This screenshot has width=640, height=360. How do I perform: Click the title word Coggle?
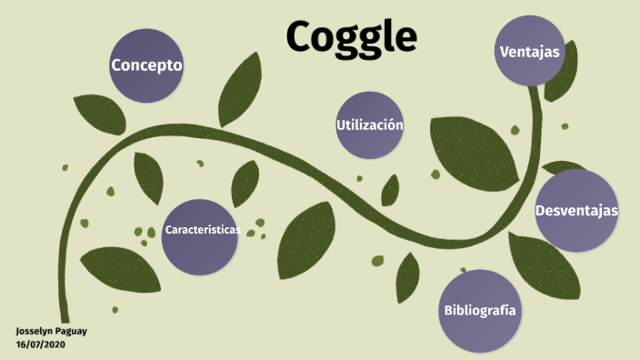[x=352, y=36]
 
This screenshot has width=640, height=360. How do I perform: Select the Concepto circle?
[x=146, y=65]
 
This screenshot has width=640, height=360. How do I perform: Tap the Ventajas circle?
[x=530, y=52]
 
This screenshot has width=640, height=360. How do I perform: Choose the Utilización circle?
[x=369, y=125]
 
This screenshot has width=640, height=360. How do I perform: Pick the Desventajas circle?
[x=575, y=210]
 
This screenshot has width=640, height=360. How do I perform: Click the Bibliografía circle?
[x=479, y=310]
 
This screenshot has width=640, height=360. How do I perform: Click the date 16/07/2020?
[x=40, y=345]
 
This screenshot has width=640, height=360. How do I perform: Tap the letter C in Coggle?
[x=303, y=36]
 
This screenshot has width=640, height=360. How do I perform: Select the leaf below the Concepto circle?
[x=99, y=114]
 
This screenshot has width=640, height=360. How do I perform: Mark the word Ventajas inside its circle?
[x=530, y=52]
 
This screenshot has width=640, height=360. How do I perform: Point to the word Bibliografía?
[x=480, y=310]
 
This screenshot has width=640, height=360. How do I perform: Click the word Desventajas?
[x=576, y=210]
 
